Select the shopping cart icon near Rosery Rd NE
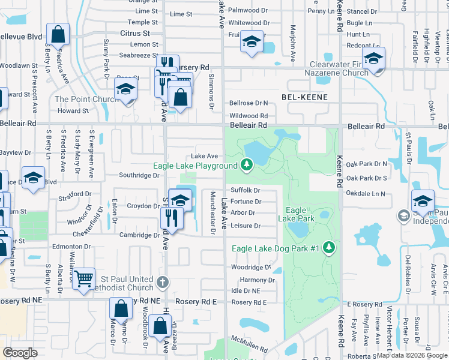pyautogui.click(x=84, y=278)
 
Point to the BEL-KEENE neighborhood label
pyautogui.click(x=305, y=97)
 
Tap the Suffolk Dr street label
pyautogui.click(x=245, y=190)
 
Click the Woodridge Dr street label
pyautogui.click(x=251, y=267)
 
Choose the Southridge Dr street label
pyautogui.click(x=139, y=176)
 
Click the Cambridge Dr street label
pyautogui.click(x=139, y=235)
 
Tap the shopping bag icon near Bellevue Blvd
pyautogui.click(x=58, y=35)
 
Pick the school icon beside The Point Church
pyautogui.click(x=126, y=89)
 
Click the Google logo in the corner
pyautogui.click(x=20, y=352)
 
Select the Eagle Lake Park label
pyautogui.click(x=297, y=215)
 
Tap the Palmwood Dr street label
pyautogui.click(x=248, y=10)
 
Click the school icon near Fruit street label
pyautogui.click(x=252, y=41)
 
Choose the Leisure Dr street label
pyautogui.click(x=246, y=226)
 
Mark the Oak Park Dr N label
pyautogui.click(x=367, y=164)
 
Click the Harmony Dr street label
pyautogui.click(x=257, y=280)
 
